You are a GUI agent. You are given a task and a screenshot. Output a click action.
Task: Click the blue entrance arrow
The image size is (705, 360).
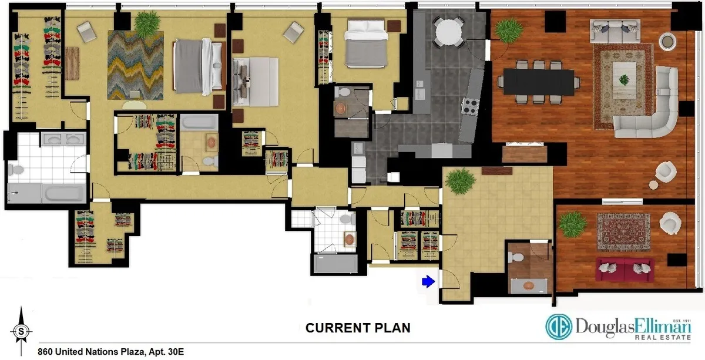(428, 282)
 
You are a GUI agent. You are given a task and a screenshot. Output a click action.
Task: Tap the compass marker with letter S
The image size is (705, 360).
(21, 331)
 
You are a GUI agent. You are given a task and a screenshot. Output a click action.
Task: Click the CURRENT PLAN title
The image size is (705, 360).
(357, 328)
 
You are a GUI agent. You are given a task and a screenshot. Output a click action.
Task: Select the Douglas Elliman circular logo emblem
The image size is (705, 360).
(559, 327)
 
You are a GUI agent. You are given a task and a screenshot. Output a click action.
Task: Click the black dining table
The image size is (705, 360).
(538, 82)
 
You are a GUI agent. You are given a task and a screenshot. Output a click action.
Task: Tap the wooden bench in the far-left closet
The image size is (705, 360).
(72, 59)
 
